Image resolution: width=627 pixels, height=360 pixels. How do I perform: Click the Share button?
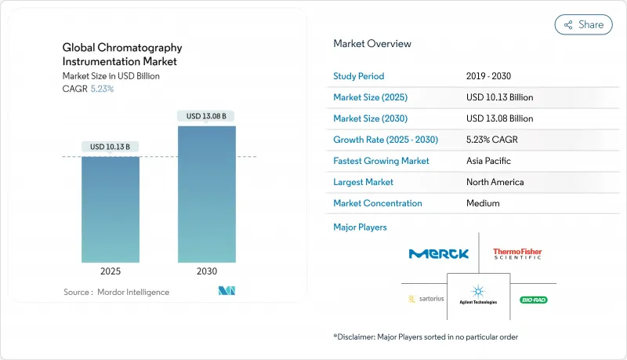pos(584,24)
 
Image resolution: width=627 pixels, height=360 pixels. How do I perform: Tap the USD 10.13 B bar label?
pos(111,147)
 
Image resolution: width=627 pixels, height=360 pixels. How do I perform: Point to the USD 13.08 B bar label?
pos(207,116)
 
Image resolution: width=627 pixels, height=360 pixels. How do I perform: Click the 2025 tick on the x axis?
pos(111,272)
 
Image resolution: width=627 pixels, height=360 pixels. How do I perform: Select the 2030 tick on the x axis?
pos(207,272)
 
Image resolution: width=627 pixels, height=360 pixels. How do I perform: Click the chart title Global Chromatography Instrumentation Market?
pos(120,55)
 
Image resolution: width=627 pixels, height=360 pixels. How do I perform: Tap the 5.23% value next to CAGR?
pos(101,89)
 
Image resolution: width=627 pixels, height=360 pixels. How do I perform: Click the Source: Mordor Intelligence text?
pos(116,292)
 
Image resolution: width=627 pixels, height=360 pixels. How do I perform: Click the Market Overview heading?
pos(371,43)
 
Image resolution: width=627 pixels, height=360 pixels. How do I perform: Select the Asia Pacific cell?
pos(489,161)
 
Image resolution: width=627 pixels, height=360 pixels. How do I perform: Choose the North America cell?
pos(495,182)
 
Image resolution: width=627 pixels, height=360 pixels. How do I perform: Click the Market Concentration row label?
pos(378,203)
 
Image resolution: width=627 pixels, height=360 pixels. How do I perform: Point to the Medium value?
pos(483,203)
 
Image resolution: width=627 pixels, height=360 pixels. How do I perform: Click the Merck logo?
pos(438,253)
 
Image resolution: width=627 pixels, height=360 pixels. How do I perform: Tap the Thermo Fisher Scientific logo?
pos(517,253)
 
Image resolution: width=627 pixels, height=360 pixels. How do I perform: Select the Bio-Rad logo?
pos(532,300)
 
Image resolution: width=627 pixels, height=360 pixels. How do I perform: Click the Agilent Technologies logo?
pos(478,296)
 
